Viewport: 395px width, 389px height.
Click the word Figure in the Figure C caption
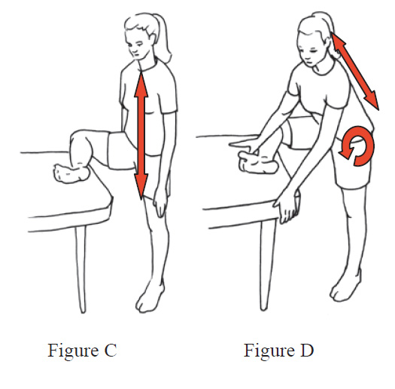click(73, 351)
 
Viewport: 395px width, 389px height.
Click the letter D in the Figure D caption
click(306, 350)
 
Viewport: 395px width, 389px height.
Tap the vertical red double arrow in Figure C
click(141, 136)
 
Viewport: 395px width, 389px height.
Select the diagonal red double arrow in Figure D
click(354, 72)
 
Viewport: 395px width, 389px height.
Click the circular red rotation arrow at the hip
click(368, 146)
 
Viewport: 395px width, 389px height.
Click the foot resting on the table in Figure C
click(71, 173)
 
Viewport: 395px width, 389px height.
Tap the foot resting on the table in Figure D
click(258, 163)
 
